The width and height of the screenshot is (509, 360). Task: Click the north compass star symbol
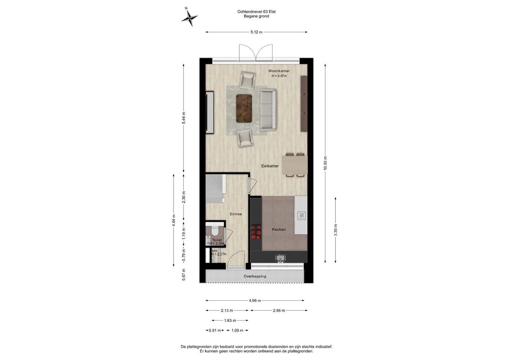189,17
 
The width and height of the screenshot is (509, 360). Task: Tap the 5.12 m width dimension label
256,32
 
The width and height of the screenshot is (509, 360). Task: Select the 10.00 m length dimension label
325,163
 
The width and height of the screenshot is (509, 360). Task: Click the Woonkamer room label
279,71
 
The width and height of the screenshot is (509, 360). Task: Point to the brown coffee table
244,109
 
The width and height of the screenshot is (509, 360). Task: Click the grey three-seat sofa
268,110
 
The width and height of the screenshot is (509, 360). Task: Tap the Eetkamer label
270,166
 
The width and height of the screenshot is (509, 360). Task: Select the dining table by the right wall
295,165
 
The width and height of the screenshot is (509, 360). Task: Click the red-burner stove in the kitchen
256,232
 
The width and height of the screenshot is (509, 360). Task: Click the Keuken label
279,230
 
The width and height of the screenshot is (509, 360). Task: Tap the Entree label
236,214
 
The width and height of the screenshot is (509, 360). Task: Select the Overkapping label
255,276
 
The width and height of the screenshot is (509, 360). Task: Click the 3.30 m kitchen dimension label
336,230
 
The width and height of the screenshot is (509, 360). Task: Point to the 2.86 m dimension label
279,311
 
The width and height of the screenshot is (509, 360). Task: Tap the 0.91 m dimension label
215,330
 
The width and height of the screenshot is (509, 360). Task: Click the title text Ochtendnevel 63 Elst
256,12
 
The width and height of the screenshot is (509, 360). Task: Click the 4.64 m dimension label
174,220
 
